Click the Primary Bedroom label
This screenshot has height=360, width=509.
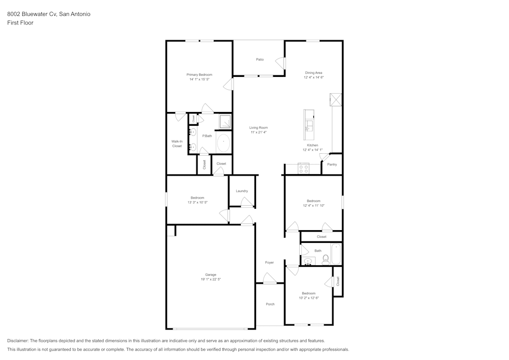200,75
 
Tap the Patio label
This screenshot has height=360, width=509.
260,60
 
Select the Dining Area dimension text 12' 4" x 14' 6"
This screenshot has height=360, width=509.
314,77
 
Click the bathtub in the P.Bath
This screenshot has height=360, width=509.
223,143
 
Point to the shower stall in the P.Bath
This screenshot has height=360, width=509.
224,122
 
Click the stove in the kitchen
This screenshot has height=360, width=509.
304,169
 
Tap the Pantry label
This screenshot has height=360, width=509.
332,164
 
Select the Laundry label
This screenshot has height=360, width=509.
242,191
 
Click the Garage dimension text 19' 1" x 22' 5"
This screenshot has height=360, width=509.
210,280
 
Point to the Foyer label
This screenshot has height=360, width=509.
269,263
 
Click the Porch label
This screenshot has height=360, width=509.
270,304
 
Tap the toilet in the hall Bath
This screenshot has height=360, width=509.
326,260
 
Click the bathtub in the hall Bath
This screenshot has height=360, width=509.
336,254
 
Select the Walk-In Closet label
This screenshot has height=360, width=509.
177,144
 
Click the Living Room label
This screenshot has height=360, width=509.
259,127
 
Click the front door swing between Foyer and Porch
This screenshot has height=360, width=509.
269,278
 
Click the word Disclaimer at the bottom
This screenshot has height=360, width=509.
18,341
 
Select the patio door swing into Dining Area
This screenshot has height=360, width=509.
280,64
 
